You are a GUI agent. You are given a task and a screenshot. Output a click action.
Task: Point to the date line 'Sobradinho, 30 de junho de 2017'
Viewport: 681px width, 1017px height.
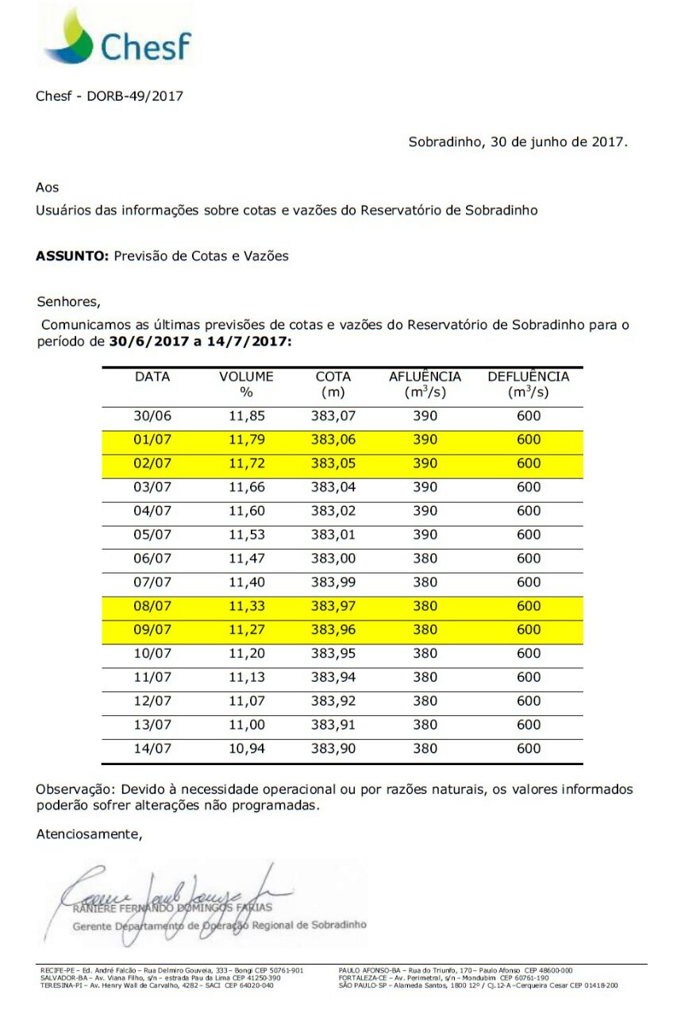[517, 143]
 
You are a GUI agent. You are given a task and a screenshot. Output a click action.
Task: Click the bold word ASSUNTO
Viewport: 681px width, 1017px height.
[72, 256]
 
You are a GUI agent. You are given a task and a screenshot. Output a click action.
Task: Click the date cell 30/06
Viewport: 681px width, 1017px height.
[152, 416]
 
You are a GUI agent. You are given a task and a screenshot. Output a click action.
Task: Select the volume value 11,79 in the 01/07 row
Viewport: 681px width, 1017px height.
[246, 439]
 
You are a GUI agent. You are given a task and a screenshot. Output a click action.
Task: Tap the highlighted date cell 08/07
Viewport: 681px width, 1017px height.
[152, 606]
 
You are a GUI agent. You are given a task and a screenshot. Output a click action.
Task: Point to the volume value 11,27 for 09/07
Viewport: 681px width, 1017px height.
[246, 630]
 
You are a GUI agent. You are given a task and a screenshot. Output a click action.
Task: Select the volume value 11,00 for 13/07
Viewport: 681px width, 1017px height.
[246, 725]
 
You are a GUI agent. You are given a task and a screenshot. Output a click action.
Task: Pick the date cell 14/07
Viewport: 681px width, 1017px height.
[152, 748]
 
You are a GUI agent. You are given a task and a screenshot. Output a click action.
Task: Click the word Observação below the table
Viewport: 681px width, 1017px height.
[71, 790]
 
